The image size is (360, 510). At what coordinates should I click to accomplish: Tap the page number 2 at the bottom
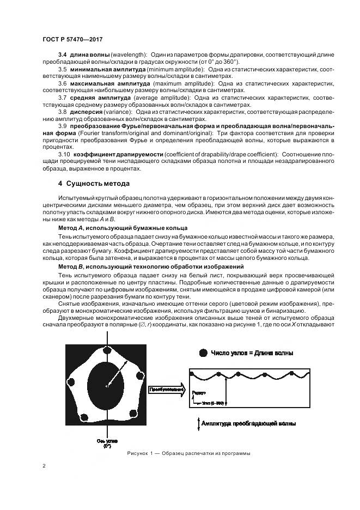click(x=44, y=466)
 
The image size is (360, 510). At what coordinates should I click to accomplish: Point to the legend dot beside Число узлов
click(x=203, y=353)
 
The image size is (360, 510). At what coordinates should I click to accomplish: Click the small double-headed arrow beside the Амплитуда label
click(x=197, y=424)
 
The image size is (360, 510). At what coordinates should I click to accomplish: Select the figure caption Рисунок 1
click(x=188, y=453)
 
